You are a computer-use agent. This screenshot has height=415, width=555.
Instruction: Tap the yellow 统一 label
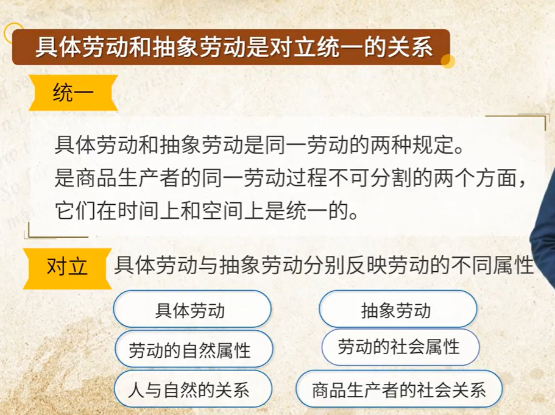pos(73,93)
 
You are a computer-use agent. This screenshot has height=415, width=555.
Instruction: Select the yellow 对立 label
pos(67,268)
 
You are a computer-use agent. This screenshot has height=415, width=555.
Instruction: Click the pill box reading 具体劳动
pos(192,310)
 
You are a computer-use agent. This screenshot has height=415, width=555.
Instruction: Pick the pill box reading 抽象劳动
pos(398,310)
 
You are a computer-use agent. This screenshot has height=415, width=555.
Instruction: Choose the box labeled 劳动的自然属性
pos(194,349)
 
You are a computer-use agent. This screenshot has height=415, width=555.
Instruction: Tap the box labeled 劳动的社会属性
pos(400,347)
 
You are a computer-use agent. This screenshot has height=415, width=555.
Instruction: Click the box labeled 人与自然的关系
pos(193,389)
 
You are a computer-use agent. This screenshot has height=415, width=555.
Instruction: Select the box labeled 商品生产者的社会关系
pos(399,389)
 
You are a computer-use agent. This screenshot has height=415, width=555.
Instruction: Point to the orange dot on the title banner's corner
pos(447,61)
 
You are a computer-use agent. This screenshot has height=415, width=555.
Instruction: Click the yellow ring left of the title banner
pos(13,32)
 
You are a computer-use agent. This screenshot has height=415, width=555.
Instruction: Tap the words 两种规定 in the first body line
pos(412,145)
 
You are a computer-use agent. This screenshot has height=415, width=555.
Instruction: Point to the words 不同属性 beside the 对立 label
pos(493,265)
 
